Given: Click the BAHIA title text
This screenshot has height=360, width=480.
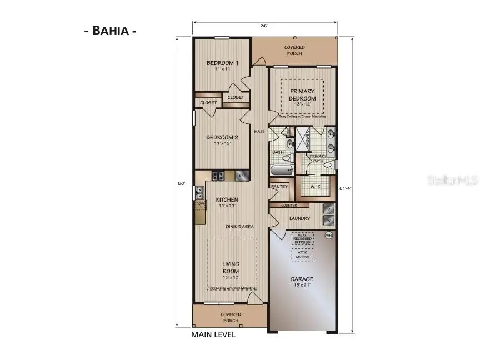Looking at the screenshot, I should pyautogui.click(x=110, y=31).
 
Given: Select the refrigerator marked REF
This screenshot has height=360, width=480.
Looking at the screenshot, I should pyautogui.click(x=242, y=176).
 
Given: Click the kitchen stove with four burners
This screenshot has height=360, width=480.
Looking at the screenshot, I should pyautogui.click(x=218, y=176).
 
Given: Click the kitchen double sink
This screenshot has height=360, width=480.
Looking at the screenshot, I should pyautogui.click(x=199, y=192).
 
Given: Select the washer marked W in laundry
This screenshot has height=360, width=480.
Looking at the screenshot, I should pyautogui.click(x=328, y=221).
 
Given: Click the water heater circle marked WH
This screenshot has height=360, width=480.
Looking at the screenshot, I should pyautogui.click(x=328, y=236).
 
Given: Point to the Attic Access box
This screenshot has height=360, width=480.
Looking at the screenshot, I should pyautogui.click(x=302, y=254).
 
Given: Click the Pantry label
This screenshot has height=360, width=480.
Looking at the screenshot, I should pyautogui.click(x=279, y=187).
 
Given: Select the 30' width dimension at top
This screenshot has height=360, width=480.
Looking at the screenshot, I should pyautogui.click(x=265, y=25).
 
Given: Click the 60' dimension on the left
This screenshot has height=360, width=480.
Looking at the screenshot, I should pyautogui.click(x=181, y=183).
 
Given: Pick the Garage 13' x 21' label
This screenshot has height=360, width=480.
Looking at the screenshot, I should pyautogui.click(x=302, y=282).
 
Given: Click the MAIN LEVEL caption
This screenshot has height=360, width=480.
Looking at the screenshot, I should pyautogui.click(x=213, y=334).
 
